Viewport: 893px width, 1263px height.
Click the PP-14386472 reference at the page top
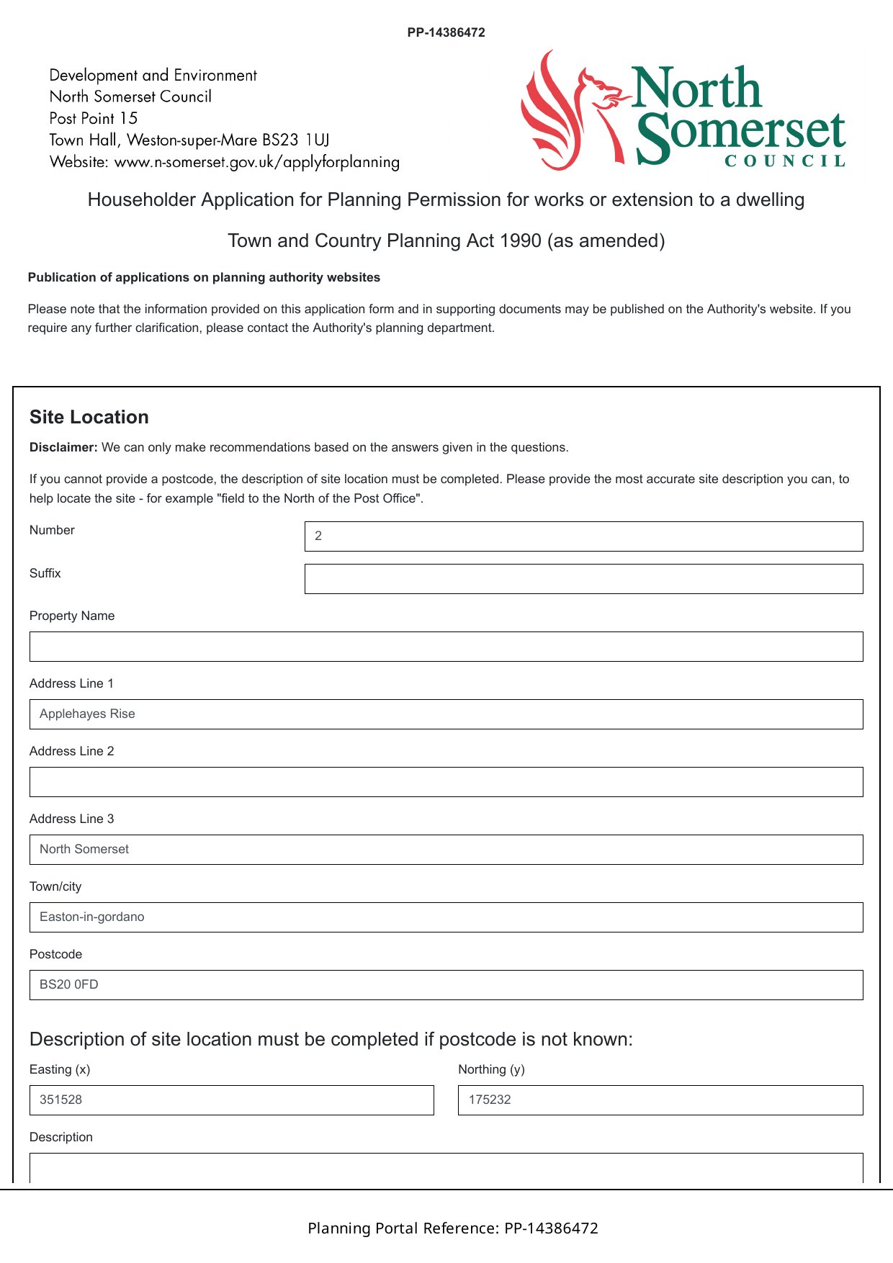click(446, 32)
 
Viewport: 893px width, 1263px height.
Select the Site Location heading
click(89, 417)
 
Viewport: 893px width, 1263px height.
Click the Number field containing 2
click(583, 536)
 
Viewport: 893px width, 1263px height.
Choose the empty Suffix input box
click(583, 579)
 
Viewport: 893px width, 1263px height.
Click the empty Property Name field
click(446, 647)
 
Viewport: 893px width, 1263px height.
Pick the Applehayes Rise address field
click(446, 714)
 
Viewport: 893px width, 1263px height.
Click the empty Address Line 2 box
click(446, 782)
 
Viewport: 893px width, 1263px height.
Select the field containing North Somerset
click(446, 850)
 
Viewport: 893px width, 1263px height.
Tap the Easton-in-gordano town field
click(446, 917)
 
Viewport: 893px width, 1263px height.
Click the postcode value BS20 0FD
click(69, 984)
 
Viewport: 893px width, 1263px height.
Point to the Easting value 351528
click(61, 1100)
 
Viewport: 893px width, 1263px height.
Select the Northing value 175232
click(490, 1100)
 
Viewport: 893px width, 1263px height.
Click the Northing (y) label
click(491, 1069)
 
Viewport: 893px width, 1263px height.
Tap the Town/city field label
click(55, 886)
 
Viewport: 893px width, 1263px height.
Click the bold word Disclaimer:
click(63, 447)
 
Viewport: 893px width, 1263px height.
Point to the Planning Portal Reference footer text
click(453, 1228)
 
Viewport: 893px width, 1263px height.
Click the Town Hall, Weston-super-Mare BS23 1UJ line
click(189, 140)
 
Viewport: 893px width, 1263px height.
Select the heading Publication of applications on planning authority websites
click(204, 277)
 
